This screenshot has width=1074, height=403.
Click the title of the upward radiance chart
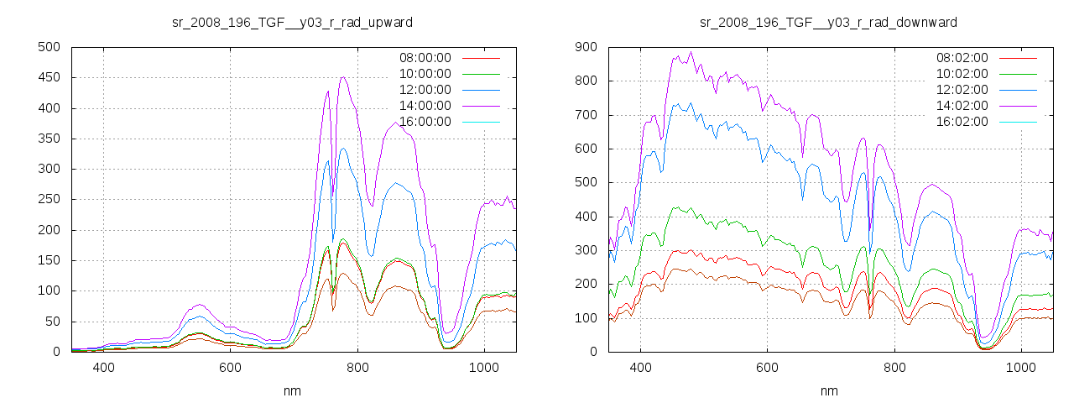292,22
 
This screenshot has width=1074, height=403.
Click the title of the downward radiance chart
829,22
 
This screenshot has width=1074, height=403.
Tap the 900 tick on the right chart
586,47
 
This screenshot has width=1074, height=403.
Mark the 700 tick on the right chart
586,115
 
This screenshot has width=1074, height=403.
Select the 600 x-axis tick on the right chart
767,368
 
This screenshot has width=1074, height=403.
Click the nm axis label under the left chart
292,390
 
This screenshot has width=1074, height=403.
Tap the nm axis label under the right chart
829,390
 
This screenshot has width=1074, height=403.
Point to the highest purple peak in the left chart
343,77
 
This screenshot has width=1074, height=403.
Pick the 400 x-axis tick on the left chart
103,368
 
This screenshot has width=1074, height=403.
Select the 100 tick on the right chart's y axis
586,318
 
